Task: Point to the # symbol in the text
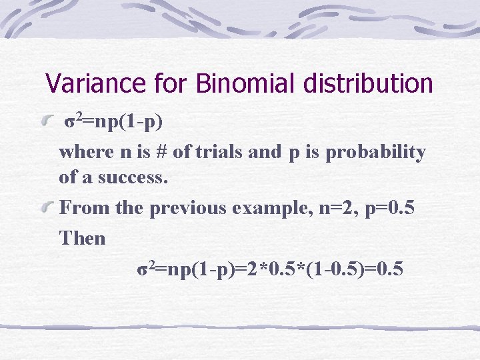point(160,152)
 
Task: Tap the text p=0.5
point(391,208)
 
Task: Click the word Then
point(83,238)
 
